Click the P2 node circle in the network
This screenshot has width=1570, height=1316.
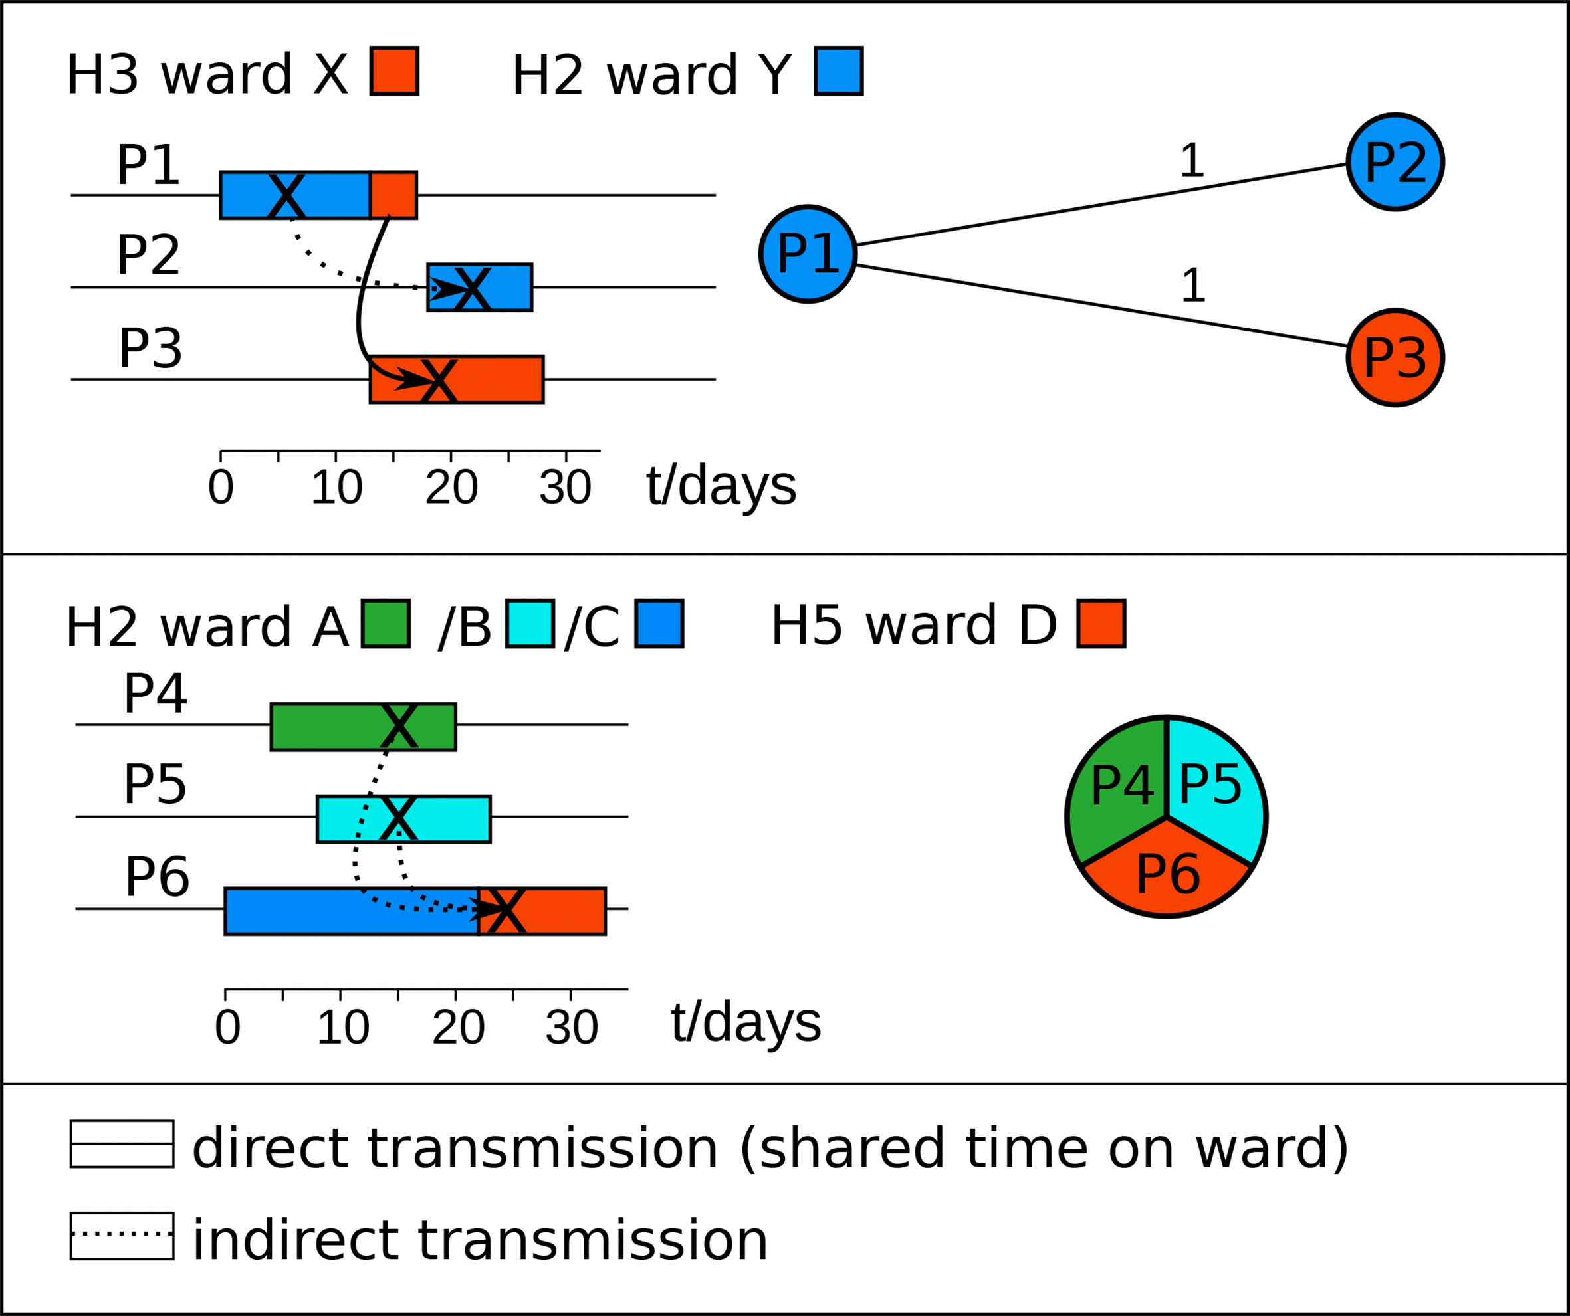tap(1395, 162)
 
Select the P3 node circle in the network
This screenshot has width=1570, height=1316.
tap(1395, 358)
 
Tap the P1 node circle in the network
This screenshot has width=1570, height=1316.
tap(808, 254)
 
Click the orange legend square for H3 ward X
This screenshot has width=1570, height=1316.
tap(394, 71)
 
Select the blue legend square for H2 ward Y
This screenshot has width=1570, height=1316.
tap(839, 71)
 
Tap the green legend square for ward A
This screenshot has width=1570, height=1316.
tap(386, 623)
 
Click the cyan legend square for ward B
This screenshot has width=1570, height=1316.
tap(529, 623)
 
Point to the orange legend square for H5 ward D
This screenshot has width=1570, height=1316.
tap(1101, 623)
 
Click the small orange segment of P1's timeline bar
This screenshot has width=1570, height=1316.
tap(394, 195)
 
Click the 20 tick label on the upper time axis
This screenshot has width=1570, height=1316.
tap(451, 488)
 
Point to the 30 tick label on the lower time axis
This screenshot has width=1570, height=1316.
tap(572, 1028)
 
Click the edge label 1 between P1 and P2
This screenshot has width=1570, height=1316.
tap(1192, 161)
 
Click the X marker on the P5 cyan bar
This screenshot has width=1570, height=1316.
tap(398, 818)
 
